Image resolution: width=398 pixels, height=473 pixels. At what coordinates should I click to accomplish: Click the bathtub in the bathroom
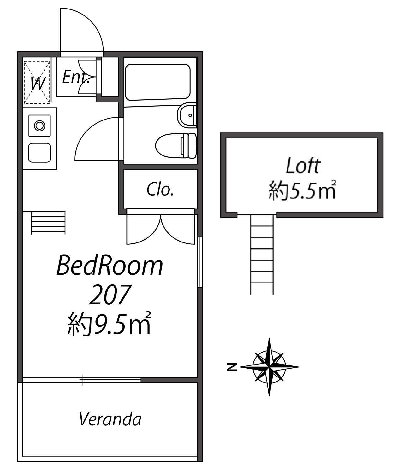157,82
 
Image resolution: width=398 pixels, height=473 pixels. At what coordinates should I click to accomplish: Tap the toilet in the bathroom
176,145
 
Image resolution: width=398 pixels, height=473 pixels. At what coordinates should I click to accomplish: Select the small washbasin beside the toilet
187,115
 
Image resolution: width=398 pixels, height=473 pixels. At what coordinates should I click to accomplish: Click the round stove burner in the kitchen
39,126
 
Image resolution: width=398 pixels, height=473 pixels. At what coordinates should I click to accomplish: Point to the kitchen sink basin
39,153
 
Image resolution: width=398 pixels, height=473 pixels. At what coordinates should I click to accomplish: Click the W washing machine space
37,82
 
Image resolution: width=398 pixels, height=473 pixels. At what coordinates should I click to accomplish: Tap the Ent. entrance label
75,77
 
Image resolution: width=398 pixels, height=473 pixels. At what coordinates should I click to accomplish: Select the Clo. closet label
160,189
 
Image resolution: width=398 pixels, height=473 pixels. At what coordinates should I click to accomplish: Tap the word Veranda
110,419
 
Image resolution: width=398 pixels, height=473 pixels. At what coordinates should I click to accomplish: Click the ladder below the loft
262,254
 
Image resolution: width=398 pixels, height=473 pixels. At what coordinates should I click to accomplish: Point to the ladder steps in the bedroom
48,223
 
